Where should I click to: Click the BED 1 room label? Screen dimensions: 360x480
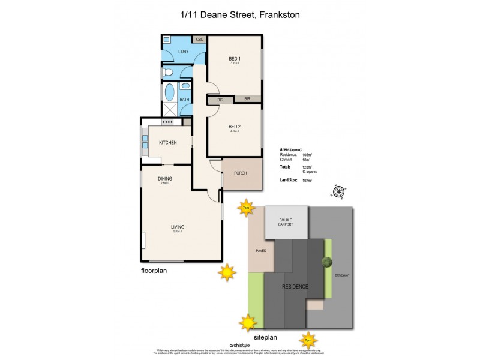235,58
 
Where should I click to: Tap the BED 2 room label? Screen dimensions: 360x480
235,127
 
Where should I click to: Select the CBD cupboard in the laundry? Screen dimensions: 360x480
199,40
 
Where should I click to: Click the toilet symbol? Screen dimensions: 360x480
169,73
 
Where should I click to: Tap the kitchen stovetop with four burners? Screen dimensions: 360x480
167,122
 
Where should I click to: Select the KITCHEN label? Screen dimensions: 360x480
167,143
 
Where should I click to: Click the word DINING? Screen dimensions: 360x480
165,178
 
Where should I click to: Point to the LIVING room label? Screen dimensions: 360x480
177,227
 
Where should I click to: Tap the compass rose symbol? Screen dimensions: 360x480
338,192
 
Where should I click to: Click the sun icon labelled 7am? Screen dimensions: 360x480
246,208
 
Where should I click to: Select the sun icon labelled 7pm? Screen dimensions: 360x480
308,341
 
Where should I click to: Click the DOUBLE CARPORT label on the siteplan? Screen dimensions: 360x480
286,222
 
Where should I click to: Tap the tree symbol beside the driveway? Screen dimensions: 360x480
326,262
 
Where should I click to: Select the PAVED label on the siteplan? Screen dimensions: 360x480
260,250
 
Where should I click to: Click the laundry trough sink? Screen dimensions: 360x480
167,41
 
